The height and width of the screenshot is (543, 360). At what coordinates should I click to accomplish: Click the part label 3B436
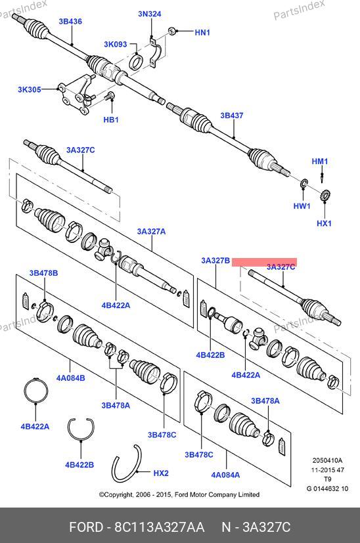(70, 22)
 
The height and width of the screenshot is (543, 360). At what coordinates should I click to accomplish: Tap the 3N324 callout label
(150, 14)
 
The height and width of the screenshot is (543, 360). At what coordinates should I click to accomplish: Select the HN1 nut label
(202, 33)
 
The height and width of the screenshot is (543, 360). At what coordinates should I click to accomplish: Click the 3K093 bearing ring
(136, 61)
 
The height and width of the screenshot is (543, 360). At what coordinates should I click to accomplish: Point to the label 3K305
(30, 90)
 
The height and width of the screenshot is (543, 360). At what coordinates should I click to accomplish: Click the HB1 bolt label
(111, 119)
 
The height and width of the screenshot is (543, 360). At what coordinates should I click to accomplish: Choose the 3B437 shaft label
(232, 116)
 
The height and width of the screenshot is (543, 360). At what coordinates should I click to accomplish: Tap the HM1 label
(320, 162)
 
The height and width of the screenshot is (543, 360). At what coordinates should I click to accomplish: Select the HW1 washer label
(302, 206)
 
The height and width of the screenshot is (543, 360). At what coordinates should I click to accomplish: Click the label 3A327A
(151, 231)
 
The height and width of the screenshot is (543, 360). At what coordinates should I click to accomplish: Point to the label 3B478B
(43, 273)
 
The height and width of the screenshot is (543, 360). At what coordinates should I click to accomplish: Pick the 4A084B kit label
(71, 378)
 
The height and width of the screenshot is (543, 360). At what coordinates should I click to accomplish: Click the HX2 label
(161, 473)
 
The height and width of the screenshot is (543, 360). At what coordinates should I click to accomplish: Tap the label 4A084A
(225, 475)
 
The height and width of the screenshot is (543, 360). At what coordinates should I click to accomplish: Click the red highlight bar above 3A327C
(264, 262)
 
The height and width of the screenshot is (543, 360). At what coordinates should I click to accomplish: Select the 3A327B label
(215, 261)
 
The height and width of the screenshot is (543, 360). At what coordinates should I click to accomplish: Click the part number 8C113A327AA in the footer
(160, 527)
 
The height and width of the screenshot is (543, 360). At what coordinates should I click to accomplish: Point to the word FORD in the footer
(86, 527)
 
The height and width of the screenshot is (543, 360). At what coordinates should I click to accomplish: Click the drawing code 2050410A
(327, 460)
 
